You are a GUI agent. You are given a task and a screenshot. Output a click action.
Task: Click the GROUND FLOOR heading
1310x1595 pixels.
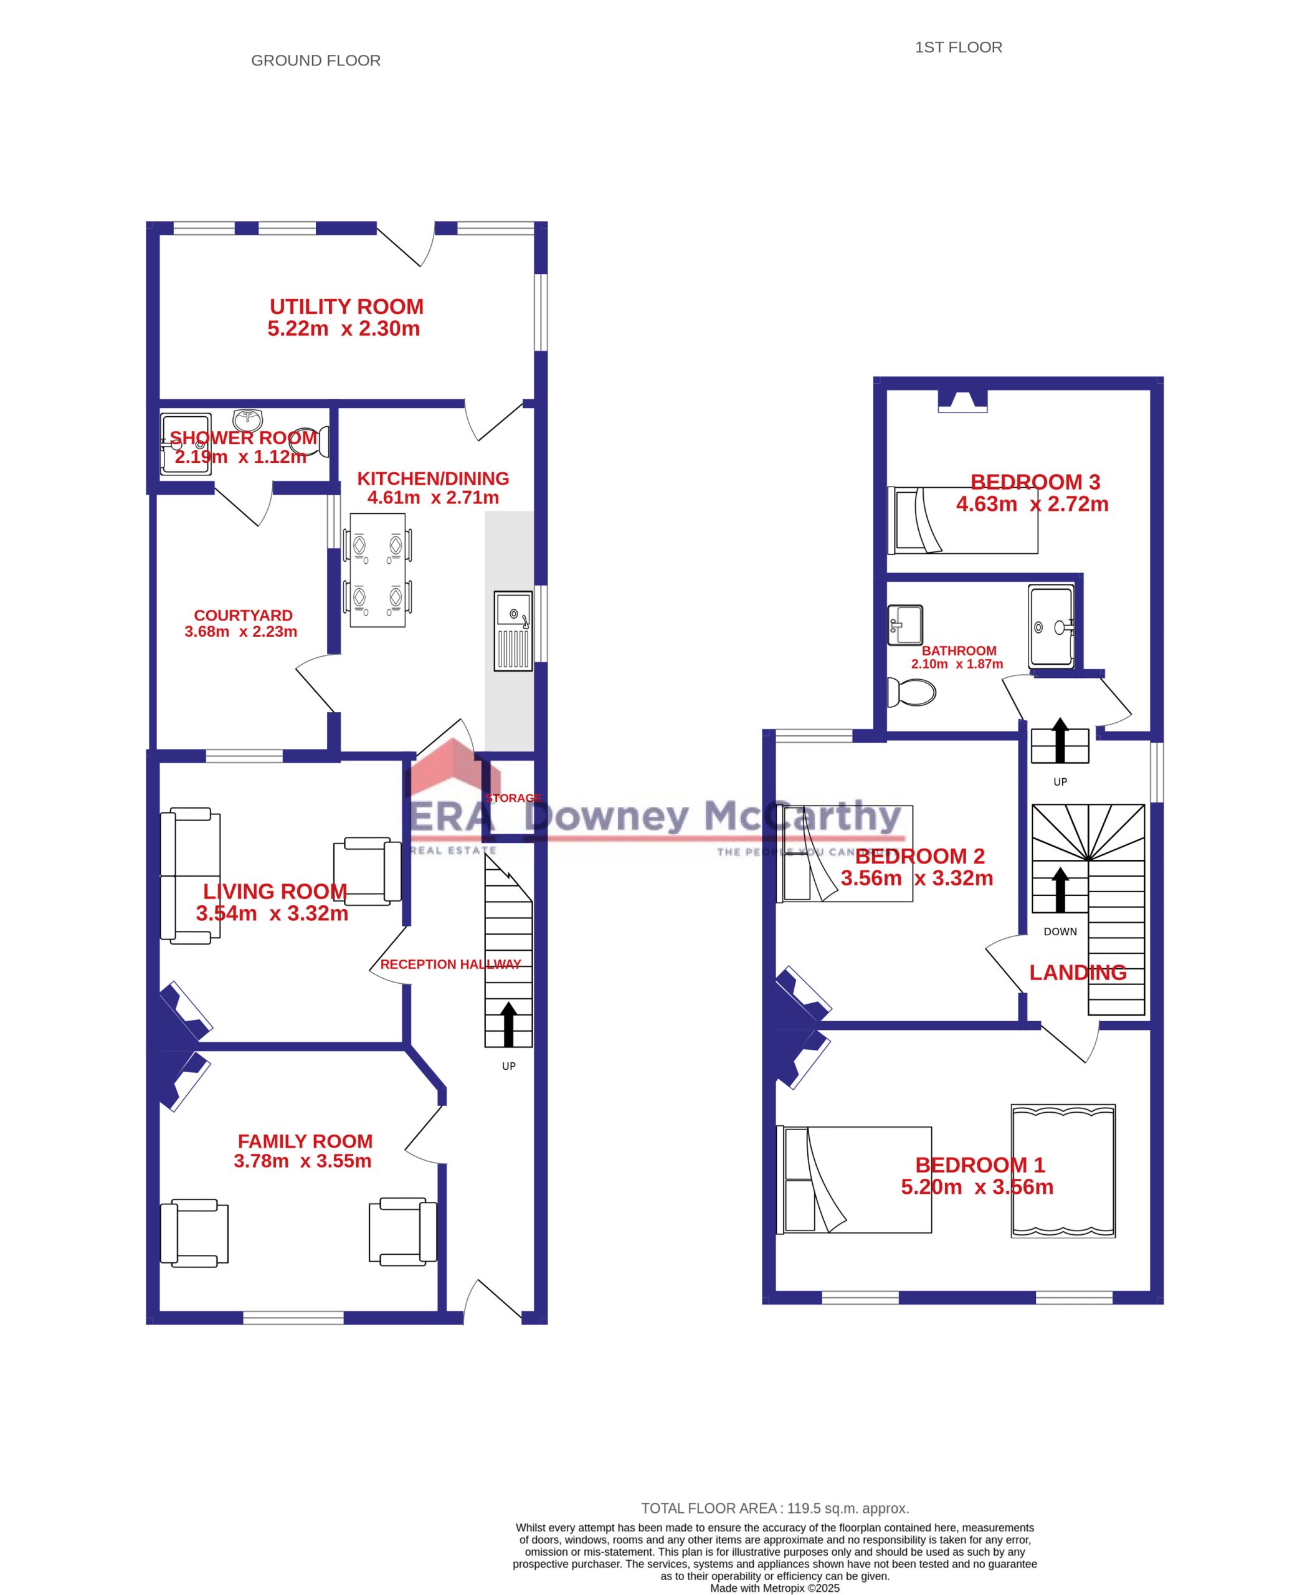(x=315, y=60)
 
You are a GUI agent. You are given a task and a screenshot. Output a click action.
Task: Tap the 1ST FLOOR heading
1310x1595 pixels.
(x=957, y=47)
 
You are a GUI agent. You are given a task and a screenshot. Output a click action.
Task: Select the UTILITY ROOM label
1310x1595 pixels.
(x=346, y=307)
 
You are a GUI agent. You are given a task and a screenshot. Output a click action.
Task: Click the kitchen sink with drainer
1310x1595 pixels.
(x=513, y=631)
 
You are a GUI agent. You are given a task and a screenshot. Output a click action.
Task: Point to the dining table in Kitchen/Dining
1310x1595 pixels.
(x=377, y=570)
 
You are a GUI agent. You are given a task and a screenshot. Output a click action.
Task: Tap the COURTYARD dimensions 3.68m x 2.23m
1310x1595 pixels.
(x=240, y=632)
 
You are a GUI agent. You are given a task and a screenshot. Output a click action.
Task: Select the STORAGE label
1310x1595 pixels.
(x=514, y=798)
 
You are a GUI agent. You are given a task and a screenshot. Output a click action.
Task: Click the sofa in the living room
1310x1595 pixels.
(x=190, y=875)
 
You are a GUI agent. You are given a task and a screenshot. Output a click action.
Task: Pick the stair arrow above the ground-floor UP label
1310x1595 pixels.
(x=508, y=1024)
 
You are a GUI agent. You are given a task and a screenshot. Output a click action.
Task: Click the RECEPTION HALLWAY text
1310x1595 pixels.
(x=450, y=964)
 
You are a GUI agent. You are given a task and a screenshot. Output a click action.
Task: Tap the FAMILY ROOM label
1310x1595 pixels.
(x=305, y=1141)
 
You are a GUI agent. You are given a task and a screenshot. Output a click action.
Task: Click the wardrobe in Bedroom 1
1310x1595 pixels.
(x=1063, y=1171)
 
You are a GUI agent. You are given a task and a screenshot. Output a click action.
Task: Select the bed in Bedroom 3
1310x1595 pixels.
(x=962, y=520)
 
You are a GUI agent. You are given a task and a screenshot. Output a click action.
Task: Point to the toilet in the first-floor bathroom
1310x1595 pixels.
(x=911, y=692)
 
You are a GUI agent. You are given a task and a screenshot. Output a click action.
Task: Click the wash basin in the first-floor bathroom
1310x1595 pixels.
(x=904, y=625)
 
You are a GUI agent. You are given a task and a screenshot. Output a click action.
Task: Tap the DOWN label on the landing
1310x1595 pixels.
(x=1060, y=931)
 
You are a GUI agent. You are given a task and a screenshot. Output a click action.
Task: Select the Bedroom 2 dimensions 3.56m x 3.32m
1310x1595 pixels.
(x=917, y=878)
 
